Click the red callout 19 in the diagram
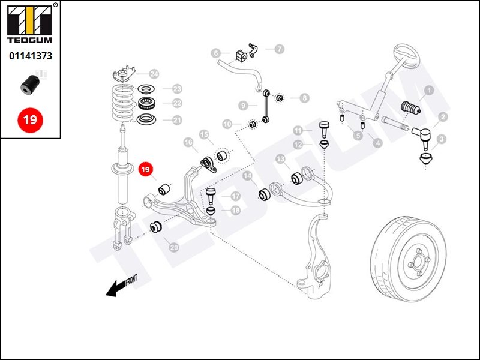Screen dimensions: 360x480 click(x=145, y=170)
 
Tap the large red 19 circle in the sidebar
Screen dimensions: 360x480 click(x=30, y=119)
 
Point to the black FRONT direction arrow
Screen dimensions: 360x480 click(x=121, y=285)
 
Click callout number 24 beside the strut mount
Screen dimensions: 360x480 click(x=154, y=74)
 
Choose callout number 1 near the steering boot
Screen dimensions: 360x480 click(x=429, y=91)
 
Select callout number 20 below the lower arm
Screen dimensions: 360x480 click(x=174, y=247)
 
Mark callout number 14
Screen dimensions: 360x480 click(x=248, y=176)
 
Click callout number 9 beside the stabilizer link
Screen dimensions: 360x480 click(x=243, y=105)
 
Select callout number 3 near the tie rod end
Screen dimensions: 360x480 click(x=442, y=140)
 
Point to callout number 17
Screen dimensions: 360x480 click(x=235, y=196)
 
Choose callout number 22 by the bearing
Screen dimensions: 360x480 click(x=176, y=103)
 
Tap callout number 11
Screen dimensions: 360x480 click(x=299, y=130)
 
